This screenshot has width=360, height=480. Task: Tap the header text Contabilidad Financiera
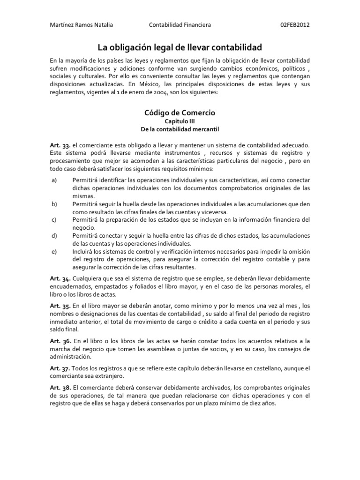(x=180, y=24)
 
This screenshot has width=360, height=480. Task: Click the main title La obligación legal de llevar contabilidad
(x=180, y=47)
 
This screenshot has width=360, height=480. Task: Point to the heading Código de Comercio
(x=180, y=113)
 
